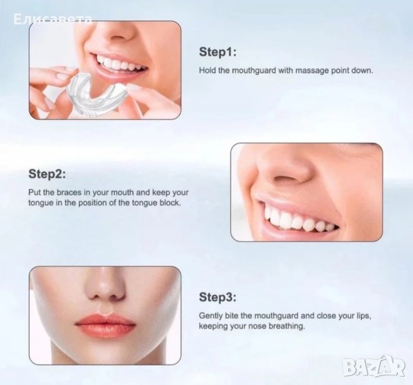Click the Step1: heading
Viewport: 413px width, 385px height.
coord(218,52)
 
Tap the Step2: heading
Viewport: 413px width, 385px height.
coord(47,174)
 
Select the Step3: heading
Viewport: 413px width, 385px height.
coord(218,297)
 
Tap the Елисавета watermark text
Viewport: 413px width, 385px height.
coord(53,19)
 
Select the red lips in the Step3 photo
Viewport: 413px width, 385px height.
coord(105,325)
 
